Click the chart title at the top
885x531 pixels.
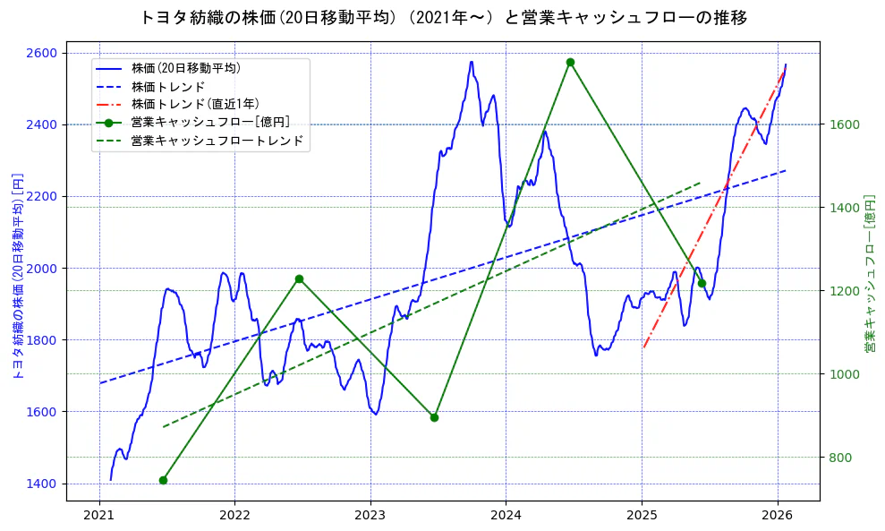443,17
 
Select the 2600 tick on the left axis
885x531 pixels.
44,53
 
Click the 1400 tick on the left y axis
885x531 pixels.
44,484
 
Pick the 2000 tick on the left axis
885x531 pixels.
44,268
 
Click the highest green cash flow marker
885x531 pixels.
570,63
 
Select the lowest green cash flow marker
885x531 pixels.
163,480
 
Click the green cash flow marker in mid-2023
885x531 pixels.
434,417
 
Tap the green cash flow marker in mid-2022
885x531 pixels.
299,279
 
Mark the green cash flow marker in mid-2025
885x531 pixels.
702,283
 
